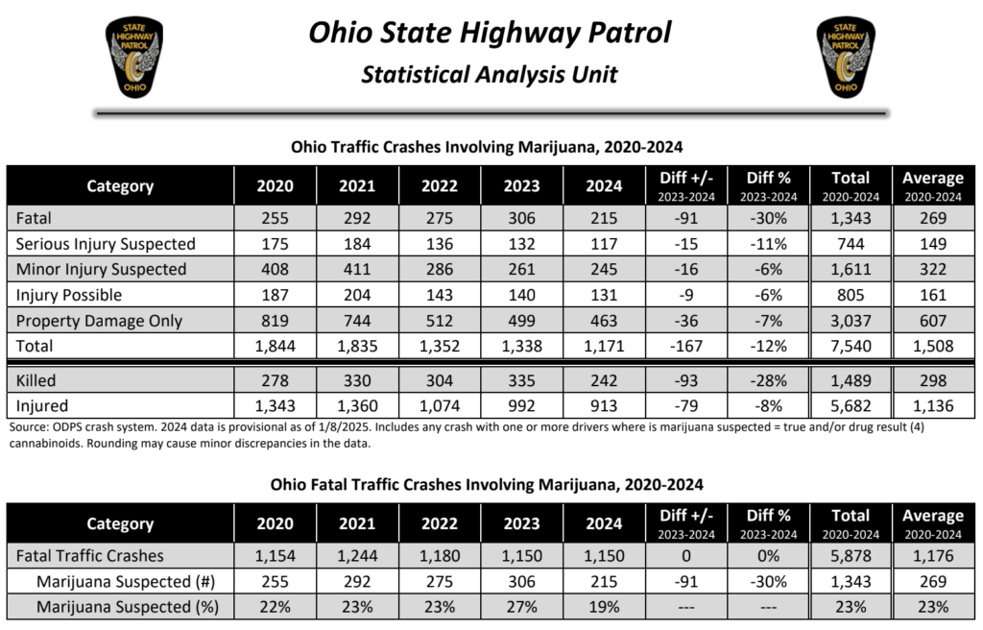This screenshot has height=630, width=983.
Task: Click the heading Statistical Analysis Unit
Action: pos(490,74)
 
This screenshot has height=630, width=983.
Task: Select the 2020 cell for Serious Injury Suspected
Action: pos(275,244)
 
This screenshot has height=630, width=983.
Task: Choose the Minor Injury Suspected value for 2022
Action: pos(440,269)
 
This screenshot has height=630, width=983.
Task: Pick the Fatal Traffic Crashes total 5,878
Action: pos(851,555)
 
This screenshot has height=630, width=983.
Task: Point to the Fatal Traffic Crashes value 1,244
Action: pos(357,555)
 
